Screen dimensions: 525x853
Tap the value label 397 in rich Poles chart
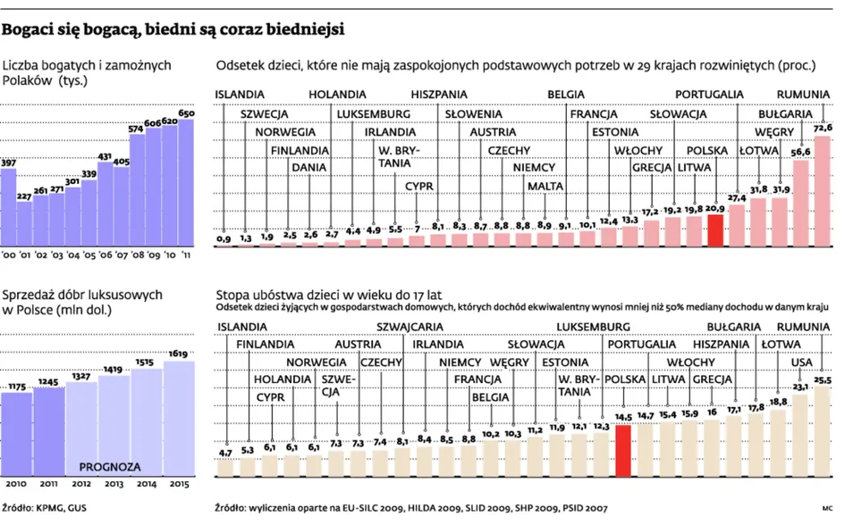point(8,162)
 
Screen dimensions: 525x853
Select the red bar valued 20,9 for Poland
point(714,231)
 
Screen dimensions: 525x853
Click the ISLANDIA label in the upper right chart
point(240,94)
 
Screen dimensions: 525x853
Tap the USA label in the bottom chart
point(802,362)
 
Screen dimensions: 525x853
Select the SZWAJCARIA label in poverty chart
point(410,326)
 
